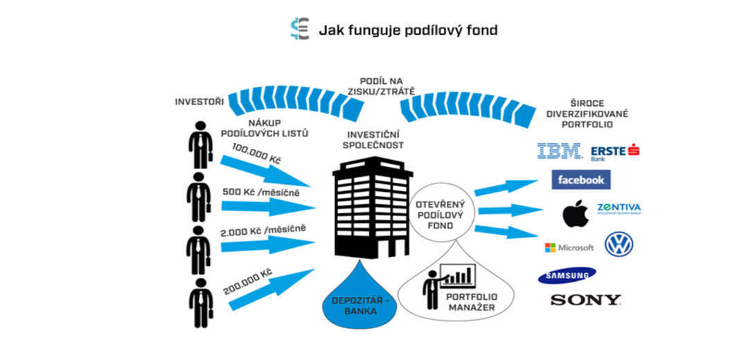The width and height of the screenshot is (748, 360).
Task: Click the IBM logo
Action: click(559, 151)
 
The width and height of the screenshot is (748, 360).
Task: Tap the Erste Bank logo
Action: click(614, 151)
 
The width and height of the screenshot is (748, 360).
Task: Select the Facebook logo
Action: click(581, 180)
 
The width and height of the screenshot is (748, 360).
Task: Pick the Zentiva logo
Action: click(618, 208)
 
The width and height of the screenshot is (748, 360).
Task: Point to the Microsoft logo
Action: click(569, 247)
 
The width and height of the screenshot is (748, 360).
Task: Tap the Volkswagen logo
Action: click(618, 244)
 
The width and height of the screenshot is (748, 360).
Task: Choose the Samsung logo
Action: click(567, 276)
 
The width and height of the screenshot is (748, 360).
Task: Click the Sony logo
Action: click(585, 300)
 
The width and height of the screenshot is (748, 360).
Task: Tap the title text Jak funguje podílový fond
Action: click(408, 30)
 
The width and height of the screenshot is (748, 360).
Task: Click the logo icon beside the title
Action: click(300, 30)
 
